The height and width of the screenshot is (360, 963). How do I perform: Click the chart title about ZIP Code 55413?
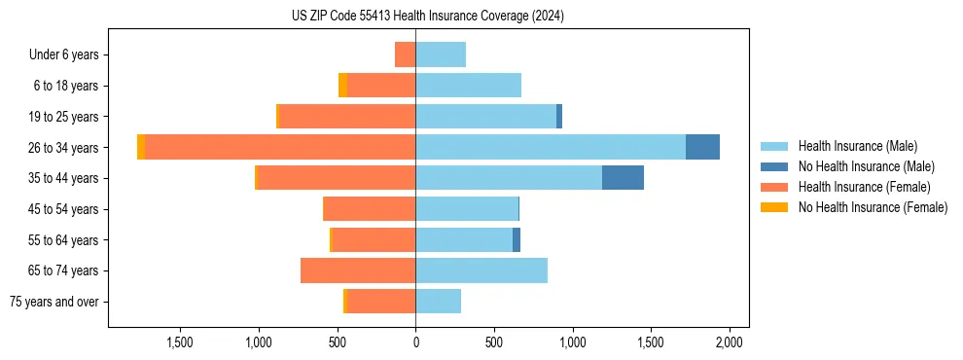coord(427,16)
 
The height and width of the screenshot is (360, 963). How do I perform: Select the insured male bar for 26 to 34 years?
coord(551,147)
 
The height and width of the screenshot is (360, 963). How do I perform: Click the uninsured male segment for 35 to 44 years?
coord(623,178)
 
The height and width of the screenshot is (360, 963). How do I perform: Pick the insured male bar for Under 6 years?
coord(441,54)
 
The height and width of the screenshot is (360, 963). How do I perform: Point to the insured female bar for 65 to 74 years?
coord(358,270)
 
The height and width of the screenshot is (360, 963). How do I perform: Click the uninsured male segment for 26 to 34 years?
coord(702,147)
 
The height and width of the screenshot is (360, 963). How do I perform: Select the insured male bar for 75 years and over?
coord(439,302)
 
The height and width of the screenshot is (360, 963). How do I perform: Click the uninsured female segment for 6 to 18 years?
coord(342,86)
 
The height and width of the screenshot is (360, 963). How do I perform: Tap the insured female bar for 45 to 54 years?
coord(370,209)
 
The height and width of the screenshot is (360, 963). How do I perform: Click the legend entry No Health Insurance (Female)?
coord(873,207)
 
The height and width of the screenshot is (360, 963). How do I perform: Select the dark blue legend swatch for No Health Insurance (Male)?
coord(774,166)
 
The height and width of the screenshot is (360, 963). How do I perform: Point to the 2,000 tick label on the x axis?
coord(730,342)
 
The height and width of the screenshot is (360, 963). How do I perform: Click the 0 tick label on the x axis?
coord(415,342)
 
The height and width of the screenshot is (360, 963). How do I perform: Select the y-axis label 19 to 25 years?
coord(64,117)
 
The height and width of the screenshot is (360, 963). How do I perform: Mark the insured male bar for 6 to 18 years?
coord(469,86)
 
